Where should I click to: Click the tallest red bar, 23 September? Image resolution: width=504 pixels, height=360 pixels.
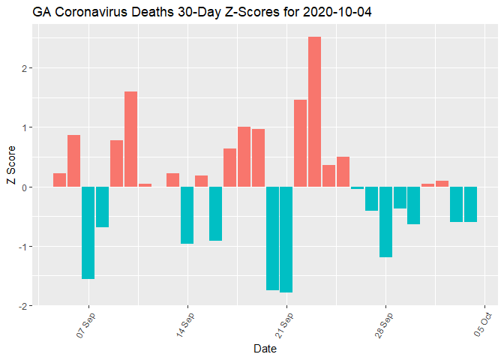click(314, 112)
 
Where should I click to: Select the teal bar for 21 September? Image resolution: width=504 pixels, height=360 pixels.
click(286, 239)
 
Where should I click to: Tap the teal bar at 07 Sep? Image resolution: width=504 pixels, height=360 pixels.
click(88, 232)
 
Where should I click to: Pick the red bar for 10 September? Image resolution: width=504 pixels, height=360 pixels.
click(130, 139)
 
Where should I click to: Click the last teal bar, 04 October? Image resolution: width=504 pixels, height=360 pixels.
click(470, 204)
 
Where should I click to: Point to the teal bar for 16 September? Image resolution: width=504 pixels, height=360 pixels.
click(215, 214)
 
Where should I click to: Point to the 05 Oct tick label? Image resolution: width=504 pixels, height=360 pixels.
click(483, 325)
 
